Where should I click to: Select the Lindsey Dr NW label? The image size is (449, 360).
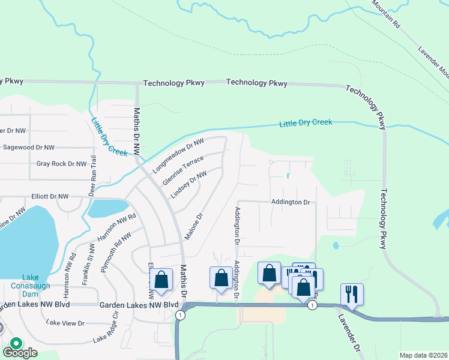[188, 185]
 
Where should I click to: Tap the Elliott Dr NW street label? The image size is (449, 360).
[50, 196]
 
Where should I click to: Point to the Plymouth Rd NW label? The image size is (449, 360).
[116, 253]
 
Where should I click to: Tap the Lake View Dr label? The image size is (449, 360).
[65, 323]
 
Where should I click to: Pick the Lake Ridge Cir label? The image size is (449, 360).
[106, 331]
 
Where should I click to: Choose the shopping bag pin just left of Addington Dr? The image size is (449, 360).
[221, 278]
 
